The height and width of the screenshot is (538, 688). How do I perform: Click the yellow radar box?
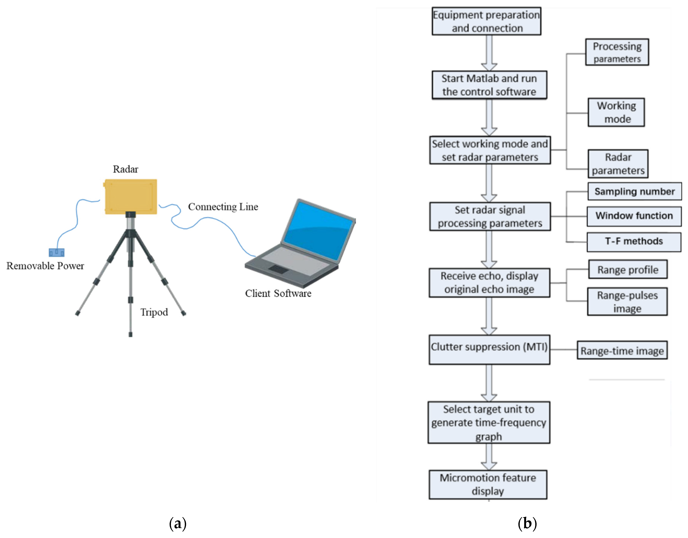(131, 197)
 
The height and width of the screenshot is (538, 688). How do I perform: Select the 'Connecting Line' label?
(223, 207)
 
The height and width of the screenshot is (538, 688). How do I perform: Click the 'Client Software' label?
(278, 294)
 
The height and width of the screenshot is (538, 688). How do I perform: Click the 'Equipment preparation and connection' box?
(486, 21)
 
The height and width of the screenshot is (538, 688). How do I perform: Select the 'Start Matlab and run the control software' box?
(489, 85)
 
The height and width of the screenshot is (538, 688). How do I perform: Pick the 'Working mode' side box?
(616, 113)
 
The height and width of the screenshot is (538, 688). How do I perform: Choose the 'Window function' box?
(634, 216)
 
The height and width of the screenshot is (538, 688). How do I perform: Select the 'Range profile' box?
(627, 270)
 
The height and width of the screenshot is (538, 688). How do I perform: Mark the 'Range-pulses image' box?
(627, 302)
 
